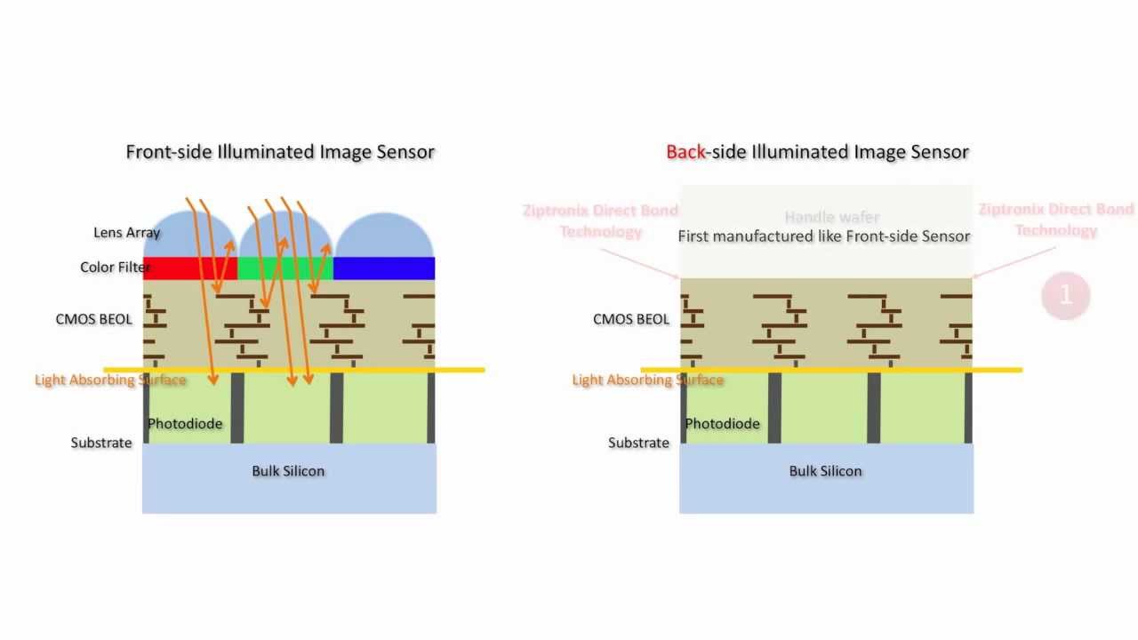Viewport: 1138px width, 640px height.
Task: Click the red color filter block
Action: pyautogui.click(x=178, y=268)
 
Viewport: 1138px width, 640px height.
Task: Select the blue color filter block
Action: pyautogui.click(x=384, y=268)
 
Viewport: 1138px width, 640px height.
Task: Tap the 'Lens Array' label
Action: pyautogui.click(x=126, y=233)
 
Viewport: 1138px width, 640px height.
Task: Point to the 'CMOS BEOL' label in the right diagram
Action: pyautogui.click(x=631, y=319)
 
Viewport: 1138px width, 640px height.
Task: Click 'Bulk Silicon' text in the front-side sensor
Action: pyautogui.click(x=288, y=471)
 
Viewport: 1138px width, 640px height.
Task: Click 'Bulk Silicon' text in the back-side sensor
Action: pyautogui.click(x=825, y=471)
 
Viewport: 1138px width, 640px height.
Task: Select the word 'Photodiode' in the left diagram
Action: pyautogui.click(x=185, y=424)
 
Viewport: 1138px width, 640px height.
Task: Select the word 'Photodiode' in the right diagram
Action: pyautogui.click(x=722, y=424)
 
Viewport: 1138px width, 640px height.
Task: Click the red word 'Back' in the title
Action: pyautogui.click(x=685, y=152)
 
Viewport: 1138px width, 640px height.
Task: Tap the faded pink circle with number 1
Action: pyautogui.click(x=1065, y=295)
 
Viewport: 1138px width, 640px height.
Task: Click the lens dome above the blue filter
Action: pyautogui.click(x=384, y=236)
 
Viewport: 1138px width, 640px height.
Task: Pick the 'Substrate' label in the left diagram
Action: pyautogui.click(x=101, y=443)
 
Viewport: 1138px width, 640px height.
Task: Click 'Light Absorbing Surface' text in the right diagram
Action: pyautogui.click(x=647, y=380)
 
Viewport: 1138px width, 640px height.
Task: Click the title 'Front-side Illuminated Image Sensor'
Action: pyautogui.click(x=280, y=152)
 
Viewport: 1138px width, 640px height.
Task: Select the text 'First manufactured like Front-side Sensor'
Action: pyautogui.click(x=823, y=236)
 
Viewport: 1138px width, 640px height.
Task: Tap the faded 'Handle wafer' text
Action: pyautogui.click(x=831, y=217)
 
